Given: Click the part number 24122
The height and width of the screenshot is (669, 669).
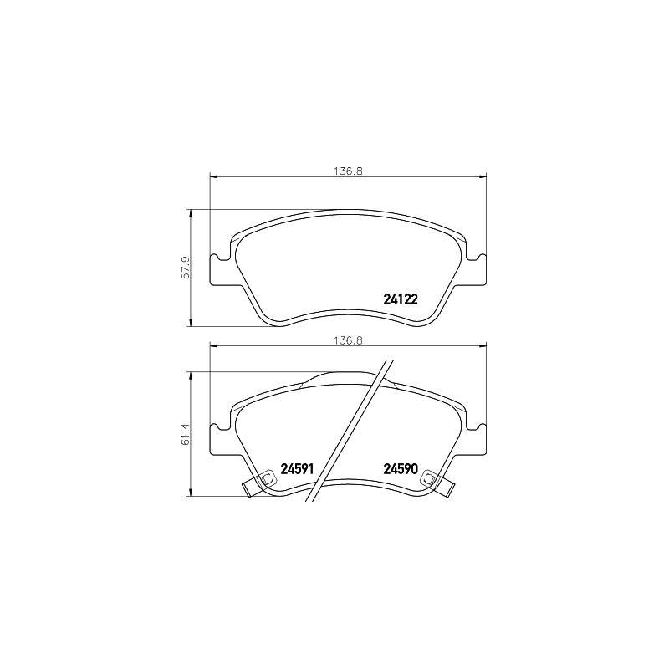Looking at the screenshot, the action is pos(401,299).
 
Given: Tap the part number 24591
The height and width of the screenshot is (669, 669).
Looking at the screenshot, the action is pos(297,469).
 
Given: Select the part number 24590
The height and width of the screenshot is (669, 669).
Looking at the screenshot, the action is pos(401,469).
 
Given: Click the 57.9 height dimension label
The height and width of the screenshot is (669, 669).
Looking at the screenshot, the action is pos(186,268).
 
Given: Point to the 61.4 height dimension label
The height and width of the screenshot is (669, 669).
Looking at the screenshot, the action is pos(186,434).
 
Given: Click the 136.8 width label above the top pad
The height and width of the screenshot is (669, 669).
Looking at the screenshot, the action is pos(348,171).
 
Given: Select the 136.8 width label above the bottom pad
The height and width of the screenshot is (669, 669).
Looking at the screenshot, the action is pos(348,340).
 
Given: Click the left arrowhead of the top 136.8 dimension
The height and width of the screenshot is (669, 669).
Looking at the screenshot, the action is pos(214,176).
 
